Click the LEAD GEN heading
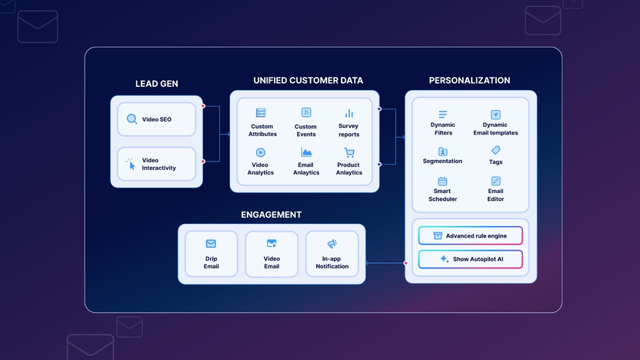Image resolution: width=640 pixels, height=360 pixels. [x=156, y=84]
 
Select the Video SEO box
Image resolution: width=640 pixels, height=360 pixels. [x=157, y=119]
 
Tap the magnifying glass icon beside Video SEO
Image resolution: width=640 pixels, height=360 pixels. [x=132, y=119]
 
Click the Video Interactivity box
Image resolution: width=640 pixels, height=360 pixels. [x=157, y=164]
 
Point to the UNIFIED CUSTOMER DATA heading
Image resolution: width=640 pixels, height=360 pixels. [x=308, y=80]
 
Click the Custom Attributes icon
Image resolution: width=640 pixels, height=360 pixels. [x=261, y=113]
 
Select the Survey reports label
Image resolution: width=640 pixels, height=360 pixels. [x=348, y=131]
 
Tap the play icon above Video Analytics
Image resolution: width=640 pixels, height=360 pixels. [x=261, y=152]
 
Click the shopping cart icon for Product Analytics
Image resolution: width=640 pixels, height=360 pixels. [x=349, y=152]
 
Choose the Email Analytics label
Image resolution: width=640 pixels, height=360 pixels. [x=306, y=168]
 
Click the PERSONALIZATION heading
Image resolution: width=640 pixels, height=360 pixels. [x=469, y=80]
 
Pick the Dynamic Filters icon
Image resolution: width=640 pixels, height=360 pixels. [x=442, y=115]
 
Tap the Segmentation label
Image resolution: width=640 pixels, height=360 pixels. [x=442, y=161]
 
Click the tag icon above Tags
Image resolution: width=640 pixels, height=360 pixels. [x=495, y=150]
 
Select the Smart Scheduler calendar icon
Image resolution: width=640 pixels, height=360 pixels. [x=442, y=182]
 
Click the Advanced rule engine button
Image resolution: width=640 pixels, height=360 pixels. [x=470, y=235]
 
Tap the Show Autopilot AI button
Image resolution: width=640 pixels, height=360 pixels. [x=470, y=259]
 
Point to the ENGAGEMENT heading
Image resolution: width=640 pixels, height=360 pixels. [x=271, y=215]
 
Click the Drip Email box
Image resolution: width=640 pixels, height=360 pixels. [x=211, y=254]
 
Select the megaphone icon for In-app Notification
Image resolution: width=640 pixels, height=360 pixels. [x=332, y=244]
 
